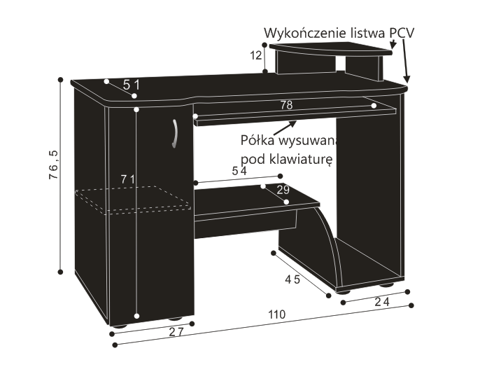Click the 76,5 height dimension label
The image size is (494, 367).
pos(54,165)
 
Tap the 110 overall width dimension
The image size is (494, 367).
pos(277,314)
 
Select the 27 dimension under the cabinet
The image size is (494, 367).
pos(176,332)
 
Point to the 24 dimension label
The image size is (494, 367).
pos(382,302)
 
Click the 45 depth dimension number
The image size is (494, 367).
pos(292,279)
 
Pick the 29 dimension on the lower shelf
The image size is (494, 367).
pos(283,190)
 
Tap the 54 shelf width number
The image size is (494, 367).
pos(239,171)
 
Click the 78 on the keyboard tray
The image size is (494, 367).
pos(286,105)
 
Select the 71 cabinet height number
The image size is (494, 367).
pos(128,179)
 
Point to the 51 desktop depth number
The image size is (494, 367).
pos(131,85)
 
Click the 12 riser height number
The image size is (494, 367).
pos(256,55)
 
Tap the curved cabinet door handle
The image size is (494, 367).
pos(175,133)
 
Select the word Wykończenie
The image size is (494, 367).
pos(305,34)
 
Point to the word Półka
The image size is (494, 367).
pos(257,140)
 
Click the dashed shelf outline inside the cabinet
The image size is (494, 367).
pos(133,200)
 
